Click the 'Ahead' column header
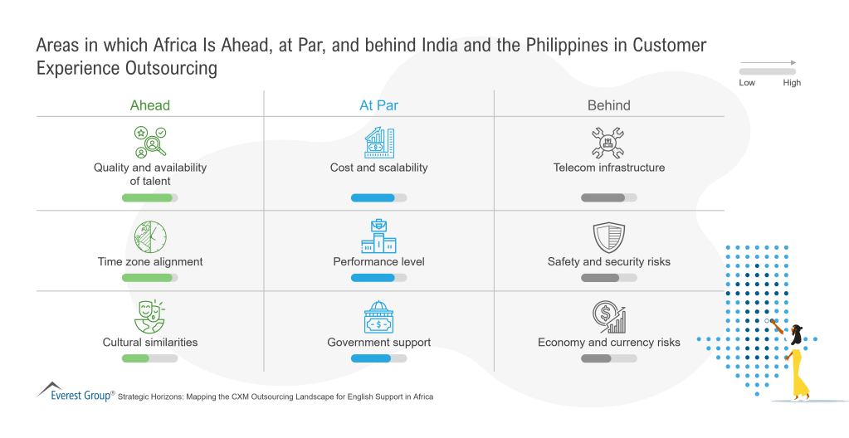(149, 105)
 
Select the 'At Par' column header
(378, 105)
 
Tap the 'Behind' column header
(608, 105)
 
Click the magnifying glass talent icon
(150, 142)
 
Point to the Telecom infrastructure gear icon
(608, 142)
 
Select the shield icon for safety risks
(608, 237)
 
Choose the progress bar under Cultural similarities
(150, 358)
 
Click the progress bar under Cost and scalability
(378, 197)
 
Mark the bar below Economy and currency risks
(608, 358)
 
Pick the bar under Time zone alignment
(150, 278)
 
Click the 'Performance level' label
(378, 261)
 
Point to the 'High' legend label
(792, 83)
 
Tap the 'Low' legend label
(747, 83)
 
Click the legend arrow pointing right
(768, 63)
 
